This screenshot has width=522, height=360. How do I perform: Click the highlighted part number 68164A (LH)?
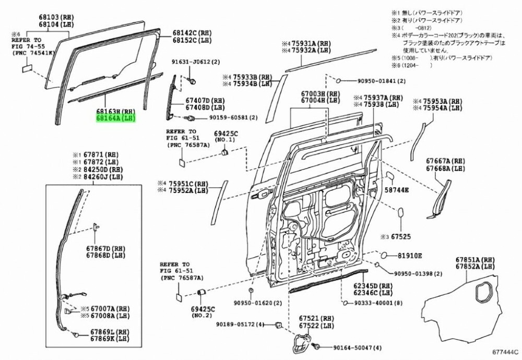pos(115,118)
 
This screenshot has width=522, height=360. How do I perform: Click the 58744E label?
pos(397,191)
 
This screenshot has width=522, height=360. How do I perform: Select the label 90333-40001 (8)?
pos(378,303)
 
